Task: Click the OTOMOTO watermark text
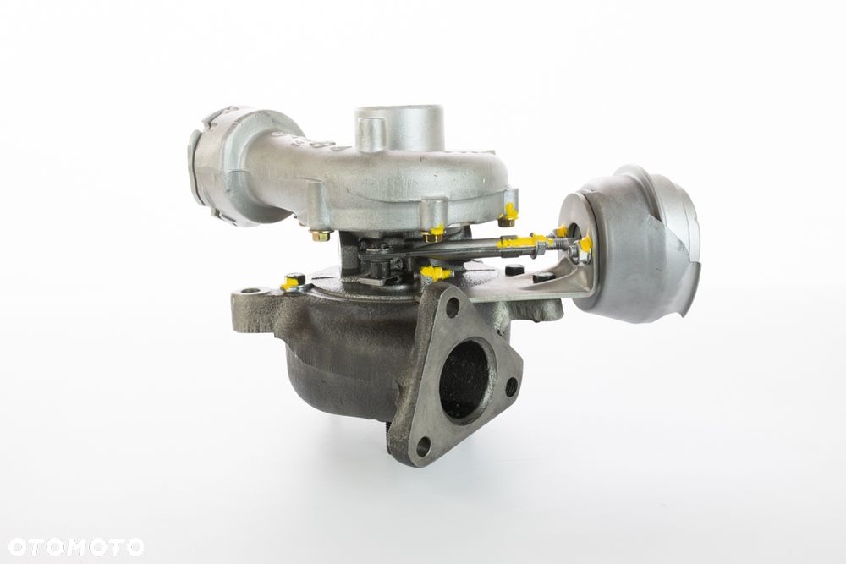tap(72, 546)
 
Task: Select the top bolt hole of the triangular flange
tap(453, 307)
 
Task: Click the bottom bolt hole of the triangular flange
tap(424, 446)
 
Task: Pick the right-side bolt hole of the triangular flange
tap(511, 388)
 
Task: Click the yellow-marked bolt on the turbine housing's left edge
tap(293, 282)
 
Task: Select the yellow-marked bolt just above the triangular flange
tap(433, 273)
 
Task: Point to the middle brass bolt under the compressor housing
tap(433, 233)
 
